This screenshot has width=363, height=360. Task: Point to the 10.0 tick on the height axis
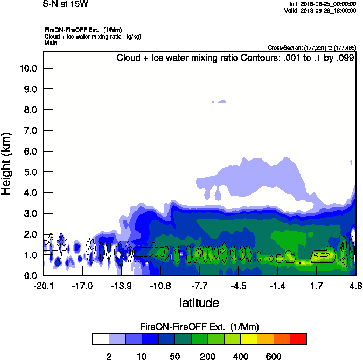tap(28, 68)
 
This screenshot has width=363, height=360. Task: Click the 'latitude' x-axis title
tap(199, 303)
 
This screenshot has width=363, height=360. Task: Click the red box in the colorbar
tap(298, 339)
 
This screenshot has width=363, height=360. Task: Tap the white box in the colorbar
tap(100, 339)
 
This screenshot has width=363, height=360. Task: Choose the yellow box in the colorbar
tap(249, 339)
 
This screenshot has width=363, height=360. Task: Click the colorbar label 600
tap(274, 356)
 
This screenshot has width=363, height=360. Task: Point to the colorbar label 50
tap(174, 356)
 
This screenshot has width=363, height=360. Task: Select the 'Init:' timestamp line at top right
tap(323, 4)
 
